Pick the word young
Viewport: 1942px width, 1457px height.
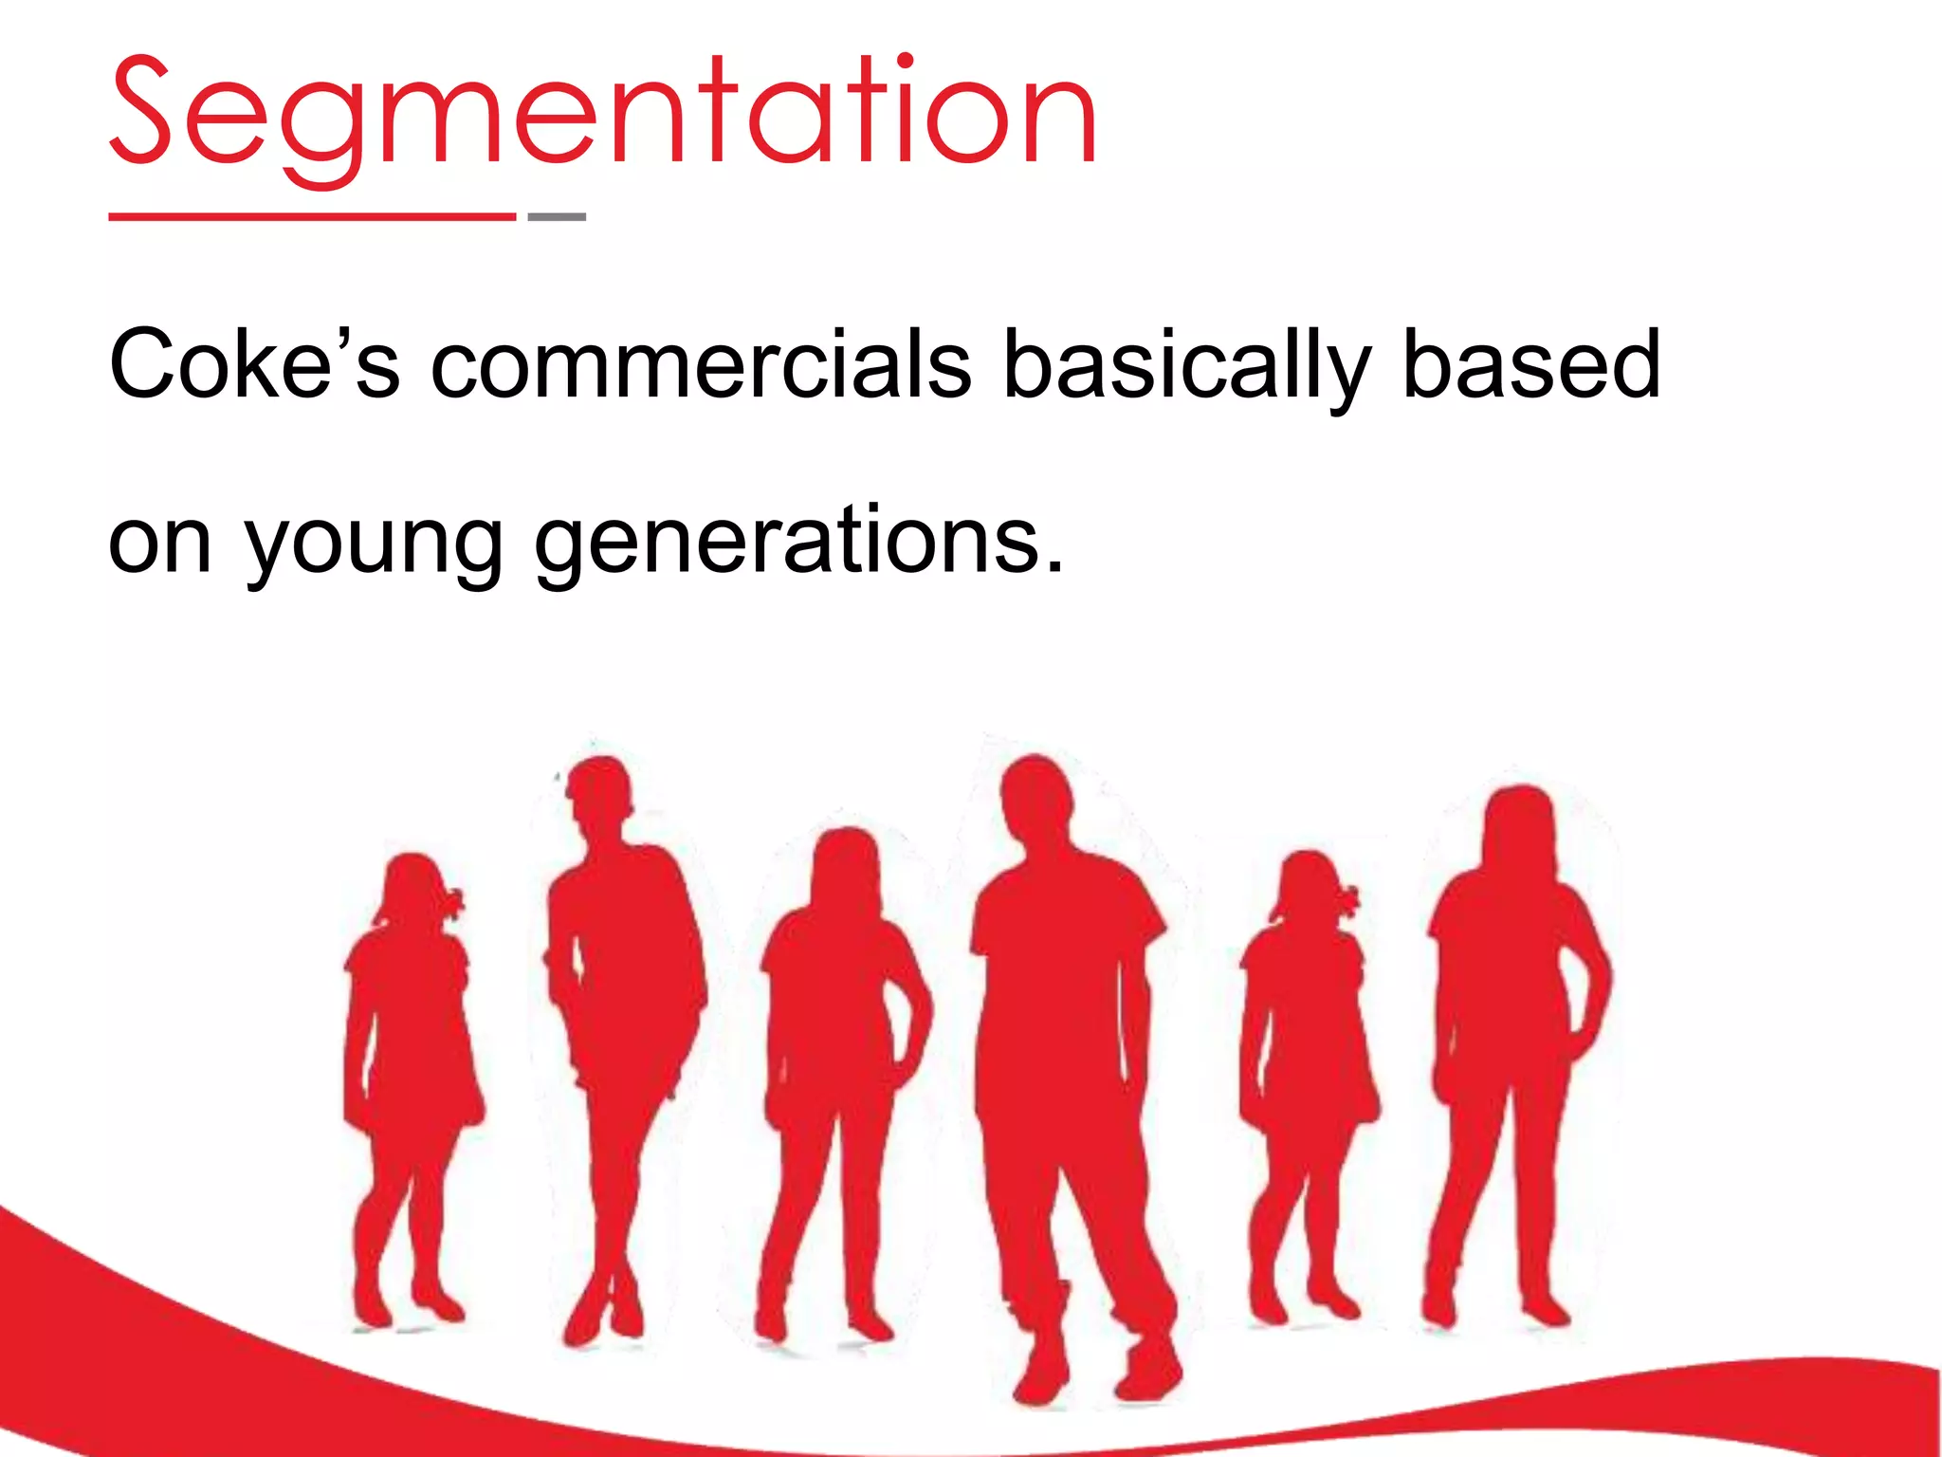(x=374, y=545)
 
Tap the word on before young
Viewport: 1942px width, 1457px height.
(x=159, y=545)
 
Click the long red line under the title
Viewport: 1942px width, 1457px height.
(x=312, y=216)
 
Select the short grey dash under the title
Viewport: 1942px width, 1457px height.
(x=557, y=216)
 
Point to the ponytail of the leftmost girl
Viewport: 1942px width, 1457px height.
(x=450, y=901)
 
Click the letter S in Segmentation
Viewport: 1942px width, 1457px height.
(x=141, y=112)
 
